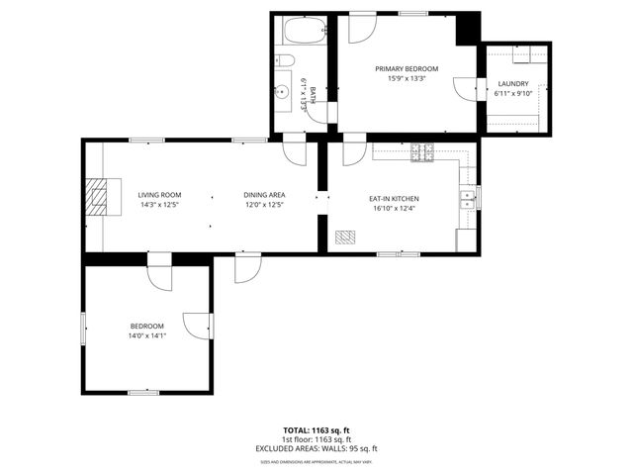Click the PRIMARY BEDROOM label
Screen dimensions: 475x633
pos(406,68)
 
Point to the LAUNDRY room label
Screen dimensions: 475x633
pos(512,84)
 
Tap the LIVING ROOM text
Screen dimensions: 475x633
pos(159,195)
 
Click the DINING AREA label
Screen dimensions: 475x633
pos(264,195)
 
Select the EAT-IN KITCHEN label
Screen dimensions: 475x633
pos(394,198)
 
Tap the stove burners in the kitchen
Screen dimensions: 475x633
pos(423,151)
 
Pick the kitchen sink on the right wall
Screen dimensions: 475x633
pos(467,198)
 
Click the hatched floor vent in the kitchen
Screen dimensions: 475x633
pos(345,237)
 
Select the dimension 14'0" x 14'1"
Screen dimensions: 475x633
pos(146,335)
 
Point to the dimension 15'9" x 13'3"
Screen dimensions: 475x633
pos(406,78)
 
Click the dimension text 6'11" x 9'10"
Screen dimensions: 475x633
pos(512,94)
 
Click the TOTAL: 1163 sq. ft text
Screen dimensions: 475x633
pos(316,430)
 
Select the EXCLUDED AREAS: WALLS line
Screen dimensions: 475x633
pos(316,448)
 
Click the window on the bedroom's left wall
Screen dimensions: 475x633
pos(83,328)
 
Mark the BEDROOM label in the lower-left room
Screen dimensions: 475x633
pos(146,326)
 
